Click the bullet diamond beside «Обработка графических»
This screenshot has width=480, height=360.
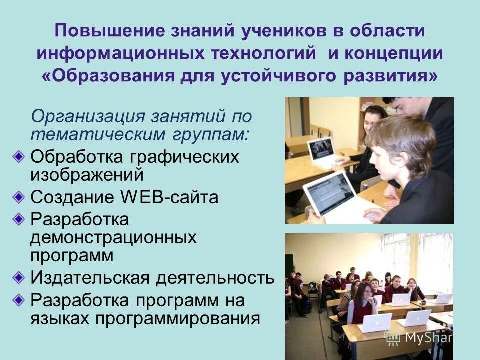click(19, 157)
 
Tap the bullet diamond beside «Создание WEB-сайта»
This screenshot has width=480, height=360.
click(19, 197)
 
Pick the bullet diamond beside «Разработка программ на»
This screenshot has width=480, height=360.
click(19, 300)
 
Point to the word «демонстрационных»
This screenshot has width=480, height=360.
click(113, 237)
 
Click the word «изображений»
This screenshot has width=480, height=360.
click(87, 175)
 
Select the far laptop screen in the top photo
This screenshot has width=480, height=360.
click(320, 148)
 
